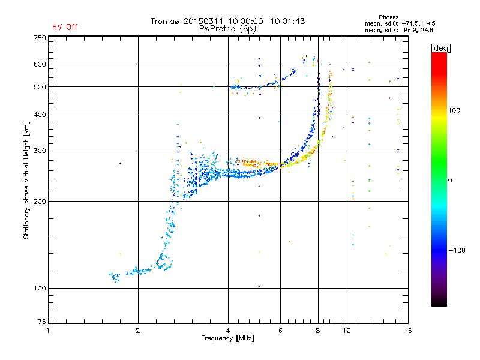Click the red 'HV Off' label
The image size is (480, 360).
(x=65, y=27)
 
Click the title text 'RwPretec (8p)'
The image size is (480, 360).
(x=228, y=28)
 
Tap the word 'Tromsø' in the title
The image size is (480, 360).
(x=166, y=21)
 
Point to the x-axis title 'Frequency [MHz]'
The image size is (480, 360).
(x=228, y=339)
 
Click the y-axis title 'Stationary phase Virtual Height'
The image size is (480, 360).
(x=26, y=179)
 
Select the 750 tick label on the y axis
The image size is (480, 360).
(x=39, y=38)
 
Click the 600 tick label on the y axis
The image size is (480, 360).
(x=39, y=64)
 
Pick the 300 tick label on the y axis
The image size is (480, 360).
(x=39, y=151)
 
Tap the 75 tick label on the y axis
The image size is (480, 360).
(x=41, y=323)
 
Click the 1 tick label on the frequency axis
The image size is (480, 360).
(x=48, y=331)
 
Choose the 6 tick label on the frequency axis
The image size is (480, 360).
(x=280, y=331)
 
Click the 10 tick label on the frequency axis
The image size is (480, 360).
(x=347, y=331)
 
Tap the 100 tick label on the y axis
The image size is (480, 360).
(x=39, y=289)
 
